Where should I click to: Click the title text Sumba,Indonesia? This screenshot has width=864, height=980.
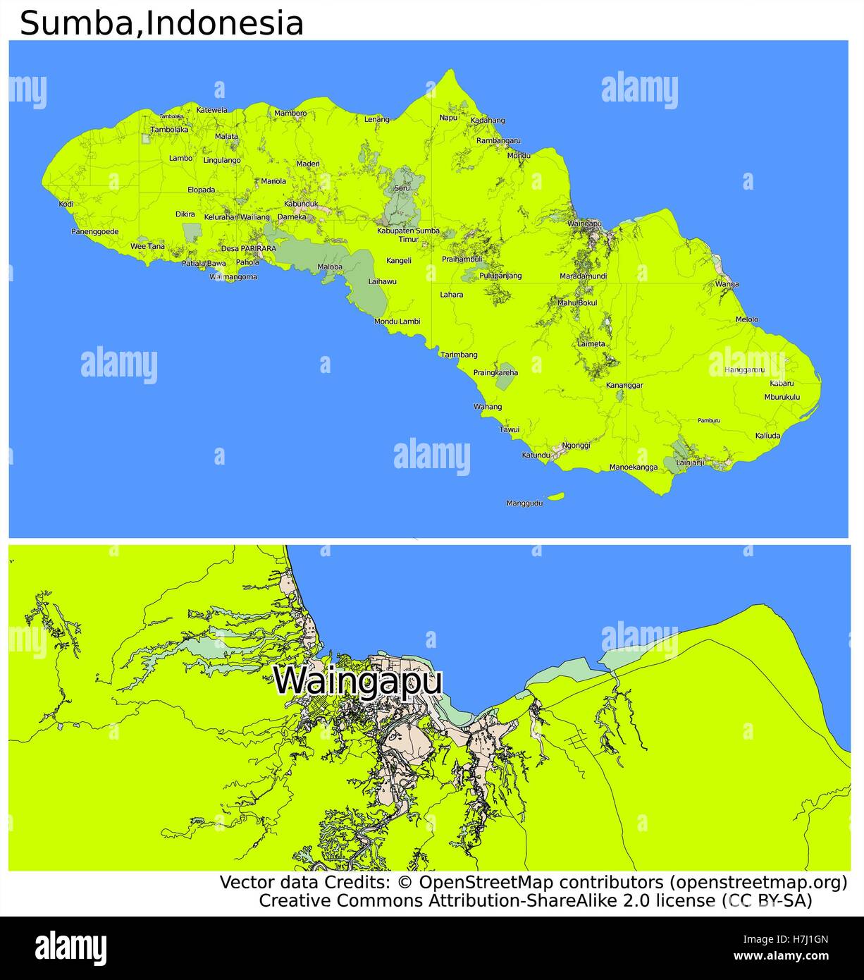click(x=161, y=23)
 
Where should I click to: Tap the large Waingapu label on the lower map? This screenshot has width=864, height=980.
click(x=358, y=681)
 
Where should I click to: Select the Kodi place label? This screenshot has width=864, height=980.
click(x=66, y=204)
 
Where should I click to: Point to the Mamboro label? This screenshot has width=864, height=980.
click(x=290, y=113)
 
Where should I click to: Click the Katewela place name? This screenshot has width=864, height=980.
click(x=211, y=110)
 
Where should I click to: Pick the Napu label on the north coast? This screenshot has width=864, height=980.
click(x=448, y=117)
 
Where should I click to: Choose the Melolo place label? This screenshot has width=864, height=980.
click(x=747, y=319)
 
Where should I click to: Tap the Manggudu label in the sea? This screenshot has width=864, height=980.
click(x=524, y=503)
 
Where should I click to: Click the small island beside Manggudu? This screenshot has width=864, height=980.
click(x=556, y=496)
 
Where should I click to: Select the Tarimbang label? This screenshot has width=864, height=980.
click(x=459, y=355)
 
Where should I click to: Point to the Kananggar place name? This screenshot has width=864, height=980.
click(x=624, y=386)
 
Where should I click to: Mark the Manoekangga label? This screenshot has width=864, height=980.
click(x=634, y=467)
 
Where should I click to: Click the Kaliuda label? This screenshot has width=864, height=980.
click(x=767, y=436)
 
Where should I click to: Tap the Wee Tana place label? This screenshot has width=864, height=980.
click(x=147, y=246)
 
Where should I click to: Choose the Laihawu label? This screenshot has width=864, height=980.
click(x=383, y=281)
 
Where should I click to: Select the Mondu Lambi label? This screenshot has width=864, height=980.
click(x=397, y=321)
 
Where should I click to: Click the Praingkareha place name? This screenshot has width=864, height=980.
click(x=495, y=372)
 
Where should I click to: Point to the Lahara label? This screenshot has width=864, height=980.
click(x=452, y=295)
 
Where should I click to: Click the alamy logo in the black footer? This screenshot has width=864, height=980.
click(x=70, y=948)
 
